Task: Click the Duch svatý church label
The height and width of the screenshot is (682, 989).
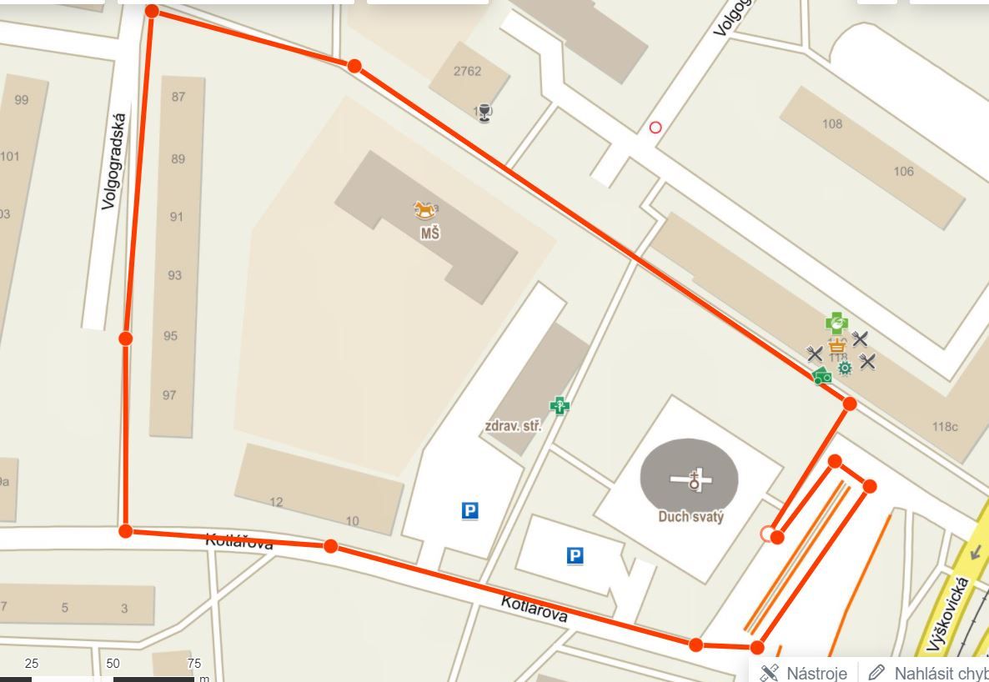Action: coord(690,516)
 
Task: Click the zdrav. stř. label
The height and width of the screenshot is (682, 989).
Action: coord(513,426)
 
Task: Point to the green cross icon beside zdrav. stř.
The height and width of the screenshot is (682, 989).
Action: coord(559,406)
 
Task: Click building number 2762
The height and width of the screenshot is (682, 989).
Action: coord(467,71)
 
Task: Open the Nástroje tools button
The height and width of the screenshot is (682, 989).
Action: coord(805,672)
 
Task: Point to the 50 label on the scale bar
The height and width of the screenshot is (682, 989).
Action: coord(113,664)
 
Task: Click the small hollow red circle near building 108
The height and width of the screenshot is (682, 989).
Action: coord(655,128)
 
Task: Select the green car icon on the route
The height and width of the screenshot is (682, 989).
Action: coord(822,376)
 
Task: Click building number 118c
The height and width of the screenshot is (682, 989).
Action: coord(945,427)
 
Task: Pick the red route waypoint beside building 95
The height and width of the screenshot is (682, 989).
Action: coord(125,338)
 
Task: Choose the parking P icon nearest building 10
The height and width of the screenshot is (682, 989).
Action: coord(470,510)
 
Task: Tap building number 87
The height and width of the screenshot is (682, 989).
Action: coord(178,97)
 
